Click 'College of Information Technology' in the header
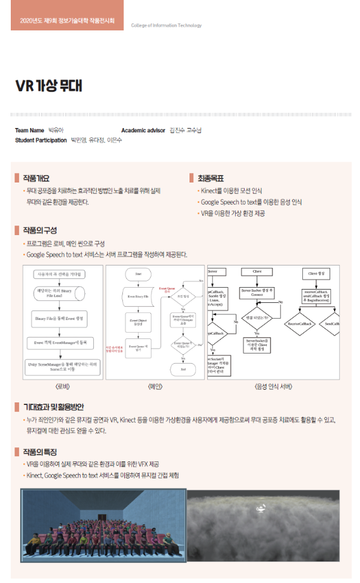(x=166, y=25)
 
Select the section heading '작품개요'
(x=35, y=178)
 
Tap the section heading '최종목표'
(x=211, y=178)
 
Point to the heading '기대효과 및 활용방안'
(x=53, y=406)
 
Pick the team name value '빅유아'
(x=56, y=130)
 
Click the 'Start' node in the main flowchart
(x=138, y=274)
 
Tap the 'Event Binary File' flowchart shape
(x=138, y=296)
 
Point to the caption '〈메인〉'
(x=155, y=386)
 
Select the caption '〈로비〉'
(x=62, y=386)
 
